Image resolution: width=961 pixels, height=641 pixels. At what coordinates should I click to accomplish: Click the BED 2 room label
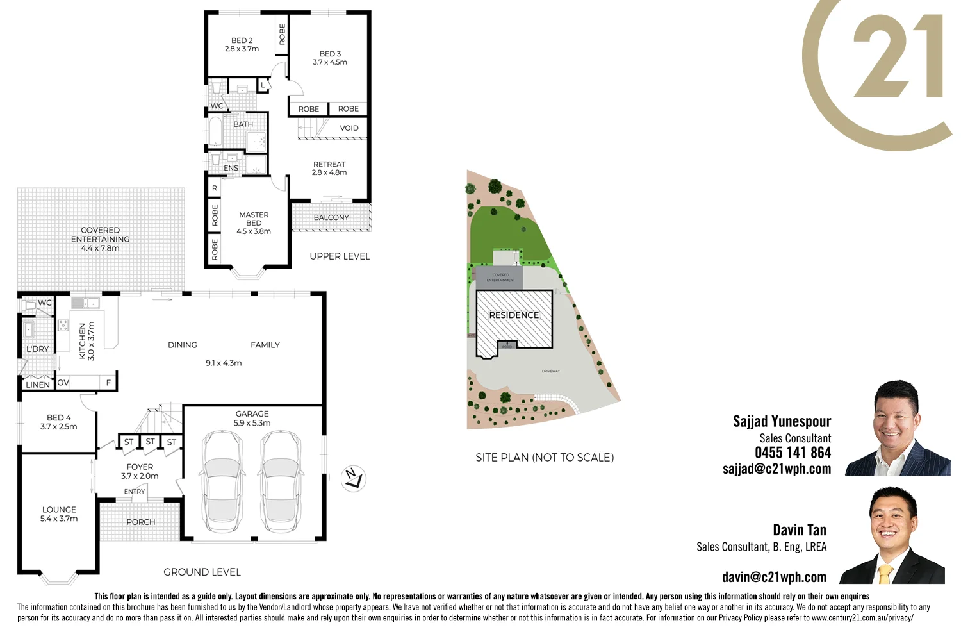pos(242,44)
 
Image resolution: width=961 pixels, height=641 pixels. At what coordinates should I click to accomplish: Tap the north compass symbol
pos(353,478)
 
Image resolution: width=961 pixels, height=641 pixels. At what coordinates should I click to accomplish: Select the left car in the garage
pos(222,482)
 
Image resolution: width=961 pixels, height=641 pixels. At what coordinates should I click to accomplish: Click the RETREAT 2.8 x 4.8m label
pos(329,168)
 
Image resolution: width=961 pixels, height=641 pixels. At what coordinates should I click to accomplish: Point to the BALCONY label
pos(331,217)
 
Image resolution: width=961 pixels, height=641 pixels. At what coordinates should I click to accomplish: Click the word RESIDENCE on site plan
pos(514,315)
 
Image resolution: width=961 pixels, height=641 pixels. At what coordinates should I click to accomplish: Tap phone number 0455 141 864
pos(793,453)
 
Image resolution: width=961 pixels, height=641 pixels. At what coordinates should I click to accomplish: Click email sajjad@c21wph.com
pos(776,469)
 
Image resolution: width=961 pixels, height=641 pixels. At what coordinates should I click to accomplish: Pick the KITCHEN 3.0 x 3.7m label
pos(86,341)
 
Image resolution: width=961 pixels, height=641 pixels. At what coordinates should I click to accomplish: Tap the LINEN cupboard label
pos(38,385)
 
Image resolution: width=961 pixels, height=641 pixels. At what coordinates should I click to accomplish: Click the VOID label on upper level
pos(349,128)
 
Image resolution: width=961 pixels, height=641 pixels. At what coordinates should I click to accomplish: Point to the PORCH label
pos(141,522)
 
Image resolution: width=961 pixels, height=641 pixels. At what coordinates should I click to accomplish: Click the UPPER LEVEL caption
pos(340,256)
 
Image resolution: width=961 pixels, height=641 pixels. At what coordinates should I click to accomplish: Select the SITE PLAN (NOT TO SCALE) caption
pos(545,458)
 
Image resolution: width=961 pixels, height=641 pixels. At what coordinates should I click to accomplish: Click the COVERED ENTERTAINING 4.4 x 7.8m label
pos(100,239)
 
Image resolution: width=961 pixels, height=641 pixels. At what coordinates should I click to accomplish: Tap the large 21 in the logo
pos(897,58)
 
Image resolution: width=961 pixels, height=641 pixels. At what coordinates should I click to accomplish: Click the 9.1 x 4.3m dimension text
pos(224,363)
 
